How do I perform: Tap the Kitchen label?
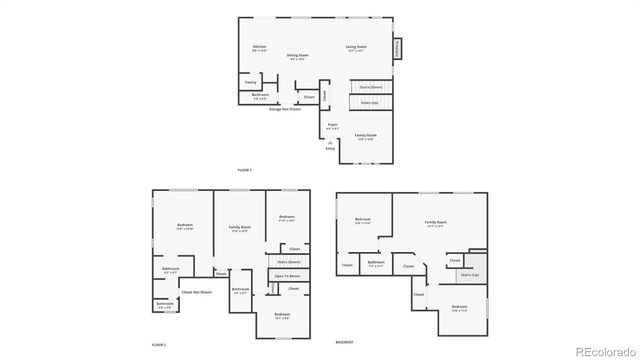coord(259,47)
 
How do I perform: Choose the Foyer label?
coord(332,124)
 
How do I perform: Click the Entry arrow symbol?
coord(330,144)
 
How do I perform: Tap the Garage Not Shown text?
coord(285,108)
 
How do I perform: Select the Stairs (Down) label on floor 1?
coord(370,87)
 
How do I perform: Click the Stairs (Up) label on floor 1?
coord(369,102)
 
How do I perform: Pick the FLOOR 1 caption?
coord(244,170)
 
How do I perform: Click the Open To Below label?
coord(287,275)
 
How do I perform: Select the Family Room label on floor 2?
coord(239,228)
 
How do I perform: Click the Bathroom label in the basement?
coord(376,263)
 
